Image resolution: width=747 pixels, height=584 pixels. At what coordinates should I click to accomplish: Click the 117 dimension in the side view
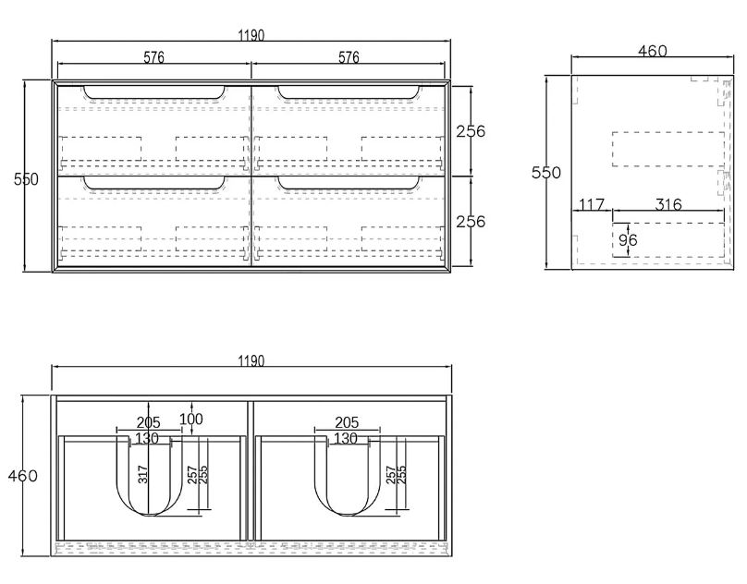591,204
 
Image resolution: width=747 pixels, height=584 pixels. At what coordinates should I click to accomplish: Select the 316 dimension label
667,204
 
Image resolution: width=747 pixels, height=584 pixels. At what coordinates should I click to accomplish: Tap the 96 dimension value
629,240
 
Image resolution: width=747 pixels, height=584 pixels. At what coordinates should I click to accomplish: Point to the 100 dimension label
191,420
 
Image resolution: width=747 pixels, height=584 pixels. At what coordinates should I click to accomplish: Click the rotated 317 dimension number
143,474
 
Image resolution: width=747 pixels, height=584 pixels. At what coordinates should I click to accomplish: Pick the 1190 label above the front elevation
251,35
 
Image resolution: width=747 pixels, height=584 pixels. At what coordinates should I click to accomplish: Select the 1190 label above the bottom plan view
251,360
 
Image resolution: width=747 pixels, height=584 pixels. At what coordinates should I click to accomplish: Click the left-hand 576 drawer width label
153,57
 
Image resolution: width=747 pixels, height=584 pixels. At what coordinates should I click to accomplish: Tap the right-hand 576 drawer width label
349,57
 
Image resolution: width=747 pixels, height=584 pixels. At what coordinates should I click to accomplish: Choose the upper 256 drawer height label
471,131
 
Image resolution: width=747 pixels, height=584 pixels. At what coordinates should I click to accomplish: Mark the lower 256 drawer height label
471,222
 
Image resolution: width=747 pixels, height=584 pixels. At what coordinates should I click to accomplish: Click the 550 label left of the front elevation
26,179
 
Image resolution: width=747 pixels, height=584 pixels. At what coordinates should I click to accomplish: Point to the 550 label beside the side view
545,173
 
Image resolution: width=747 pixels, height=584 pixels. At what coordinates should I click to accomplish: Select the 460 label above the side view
653,52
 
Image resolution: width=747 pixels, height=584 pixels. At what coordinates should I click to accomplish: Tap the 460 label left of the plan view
22,476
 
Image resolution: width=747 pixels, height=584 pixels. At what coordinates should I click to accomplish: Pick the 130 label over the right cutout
345,438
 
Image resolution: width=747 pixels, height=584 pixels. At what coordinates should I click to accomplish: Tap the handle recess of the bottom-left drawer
153,183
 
